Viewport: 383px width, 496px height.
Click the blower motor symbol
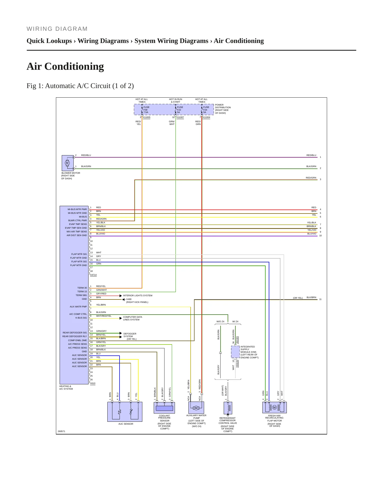[x=68, y=163]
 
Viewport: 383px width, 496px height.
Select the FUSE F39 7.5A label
[x=146, y=110]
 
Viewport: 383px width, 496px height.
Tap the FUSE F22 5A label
[x=180, y=110]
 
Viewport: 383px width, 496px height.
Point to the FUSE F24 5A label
[x=206, y=110]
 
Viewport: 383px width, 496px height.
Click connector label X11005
[x=147, y=117]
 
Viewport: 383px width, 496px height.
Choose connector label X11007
[x=180, y=117]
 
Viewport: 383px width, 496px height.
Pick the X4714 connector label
[x=93, y=275]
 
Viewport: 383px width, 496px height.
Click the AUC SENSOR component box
[x=125, y=412]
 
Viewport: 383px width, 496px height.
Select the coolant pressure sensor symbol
[x=164, y=408]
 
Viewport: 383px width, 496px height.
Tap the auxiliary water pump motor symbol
[x=196, y=408]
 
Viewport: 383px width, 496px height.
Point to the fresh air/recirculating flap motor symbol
[x=275, y=407]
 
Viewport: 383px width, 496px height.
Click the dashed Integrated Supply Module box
[x=235, y=352]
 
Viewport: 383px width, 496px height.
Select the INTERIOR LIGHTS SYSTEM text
[x=138, y=295]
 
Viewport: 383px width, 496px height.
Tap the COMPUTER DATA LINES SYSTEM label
[x=133, y=318]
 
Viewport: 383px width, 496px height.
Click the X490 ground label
[x=129, y=299]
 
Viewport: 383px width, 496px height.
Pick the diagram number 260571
[x=61, y=431]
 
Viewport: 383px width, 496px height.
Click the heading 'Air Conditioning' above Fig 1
[x=65, y=66]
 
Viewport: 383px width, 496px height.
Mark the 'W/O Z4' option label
[x=220, y=321]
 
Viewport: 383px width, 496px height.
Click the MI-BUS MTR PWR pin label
[x=77, y=209]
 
